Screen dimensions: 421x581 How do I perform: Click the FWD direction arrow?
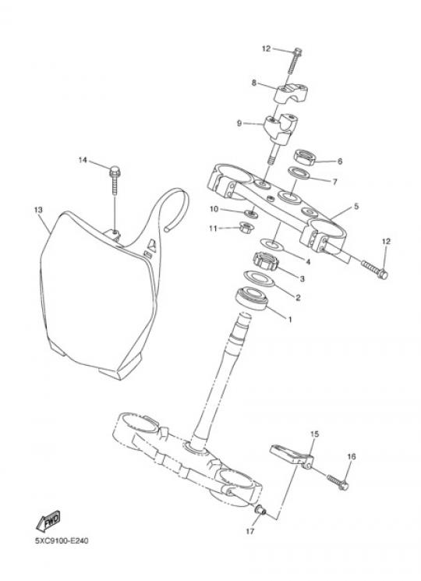point(48,521)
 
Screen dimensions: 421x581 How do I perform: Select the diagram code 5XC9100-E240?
point(62,541)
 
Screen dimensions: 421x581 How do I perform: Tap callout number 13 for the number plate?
point(38,210)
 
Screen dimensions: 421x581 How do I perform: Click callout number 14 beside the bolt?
point(83,160)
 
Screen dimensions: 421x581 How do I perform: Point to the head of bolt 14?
point(115,172)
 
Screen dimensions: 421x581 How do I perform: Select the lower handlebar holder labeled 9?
point(281,129)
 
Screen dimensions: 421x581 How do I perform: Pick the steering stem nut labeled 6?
point(306,157)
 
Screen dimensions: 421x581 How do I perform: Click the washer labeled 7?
point(299,172)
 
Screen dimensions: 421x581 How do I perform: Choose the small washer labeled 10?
point(251,214)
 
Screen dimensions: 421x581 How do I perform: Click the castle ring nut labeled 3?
point(266,261)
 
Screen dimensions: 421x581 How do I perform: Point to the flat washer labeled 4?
point(272,244)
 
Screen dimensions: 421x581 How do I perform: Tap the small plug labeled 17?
point(260,510)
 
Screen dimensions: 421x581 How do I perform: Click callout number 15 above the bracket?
point(314,434)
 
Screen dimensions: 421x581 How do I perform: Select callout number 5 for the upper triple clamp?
point(356,207)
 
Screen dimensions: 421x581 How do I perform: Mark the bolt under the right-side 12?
point(374,269)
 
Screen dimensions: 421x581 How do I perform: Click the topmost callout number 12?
point(266,48)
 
